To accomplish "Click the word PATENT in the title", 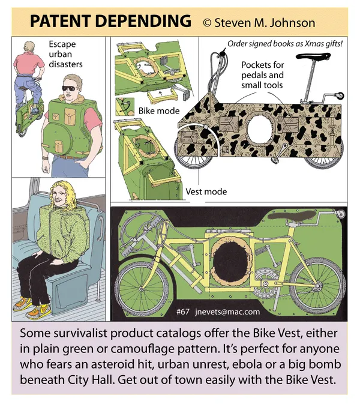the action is [60, 21].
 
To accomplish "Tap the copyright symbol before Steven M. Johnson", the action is [207, 23].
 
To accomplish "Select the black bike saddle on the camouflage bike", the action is [313, 56].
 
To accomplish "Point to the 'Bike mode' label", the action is [159, 111].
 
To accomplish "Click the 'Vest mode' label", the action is [206, 191].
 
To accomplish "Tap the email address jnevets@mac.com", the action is [227, 312].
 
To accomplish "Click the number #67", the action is [183, 312].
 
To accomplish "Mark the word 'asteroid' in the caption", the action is [122, 364].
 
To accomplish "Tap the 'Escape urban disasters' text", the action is [65, 54].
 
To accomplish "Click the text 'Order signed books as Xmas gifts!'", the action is [285, 44].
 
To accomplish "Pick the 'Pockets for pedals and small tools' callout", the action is [262, 74].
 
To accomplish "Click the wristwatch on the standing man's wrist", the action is [46, 158].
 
